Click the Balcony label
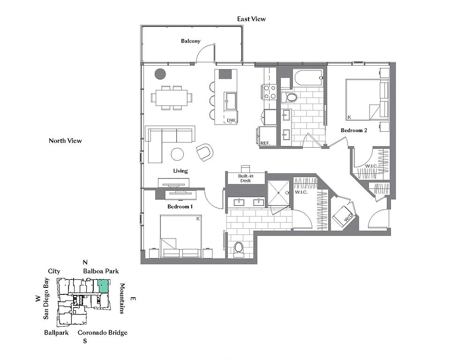tap(190, 41)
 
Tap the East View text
tap(251, 19)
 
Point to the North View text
tap(65, 141)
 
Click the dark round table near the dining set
tap(160, 74)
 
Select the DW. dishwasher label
tap(231, 120)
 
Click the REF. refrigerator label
tap(265, 143)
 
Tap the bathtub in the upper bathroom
tap(308, 78)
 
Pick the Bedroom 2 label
tap(353, 130)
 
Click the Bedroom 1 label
tap(180, 206)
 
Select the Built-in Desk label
tap(246, 179)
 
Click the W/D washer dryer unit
tap(343, 216)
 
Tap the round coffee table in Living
tap(177, 154)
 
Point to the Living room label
tap(180, 171)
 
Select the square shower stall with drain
tap(278, 193)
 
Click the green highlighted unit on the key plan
tap(103, 285)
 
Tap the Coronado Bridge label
tap(103, 333)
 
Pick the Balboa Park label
tap(101, 271)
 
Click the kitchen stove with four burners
tap(269, 92)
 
